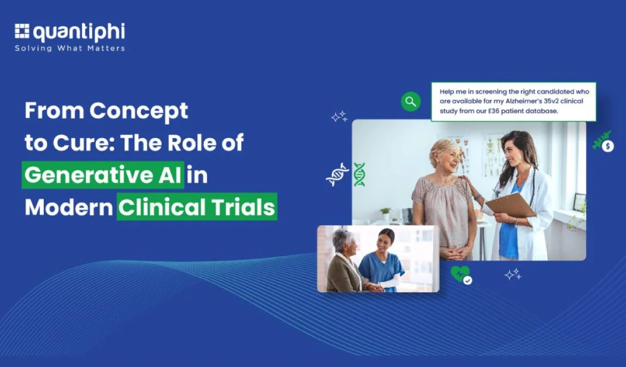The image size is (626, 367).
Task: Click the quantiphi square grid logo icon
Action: [22, 31]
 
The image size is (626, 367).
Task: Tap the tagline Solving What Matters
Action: [70, 48]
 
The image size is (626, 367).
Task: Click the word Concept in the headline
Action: [139, 111]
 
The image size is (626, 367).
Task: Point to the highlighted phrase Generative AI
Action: [103, 175]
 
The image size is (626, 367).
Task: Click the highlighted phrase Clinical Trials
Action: [197, 207]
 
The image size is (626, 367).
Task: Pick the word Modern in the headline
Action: [69, 208]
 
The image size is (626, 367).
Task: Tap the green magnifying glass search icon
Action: [411, 102]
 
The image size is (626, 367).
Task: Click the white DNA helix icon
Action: [337, 175]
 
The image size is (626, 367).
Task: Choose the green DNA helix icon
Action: [359, 175]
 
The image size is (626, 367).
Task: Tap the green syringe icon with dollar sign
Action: [603, 142]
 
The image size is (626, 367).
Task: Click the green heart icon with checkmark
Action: [461, 275]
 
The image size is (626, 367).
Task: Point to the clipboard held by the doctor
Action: [511, 205]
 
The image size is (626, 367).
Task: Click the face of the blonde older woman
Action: [448, 158]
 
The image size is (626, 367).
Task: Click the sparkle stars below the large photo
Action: [513, 274]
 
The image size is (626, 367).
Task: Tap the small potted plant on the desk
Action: [385, 213]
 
